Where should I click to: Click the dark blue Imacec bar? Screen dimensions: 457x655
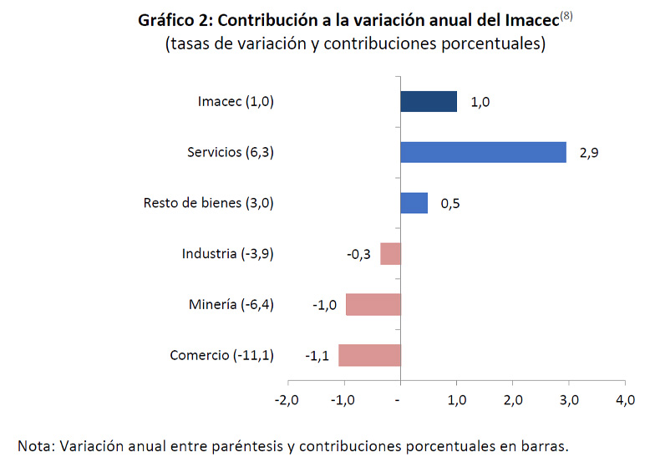[429, 102]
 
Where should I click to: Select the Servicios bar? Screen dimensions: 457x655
[483, 152]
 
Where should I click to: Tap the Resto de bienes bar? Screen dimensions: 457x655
[414, 203]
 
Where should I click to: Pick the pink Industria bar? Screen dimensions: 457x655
[390, 253]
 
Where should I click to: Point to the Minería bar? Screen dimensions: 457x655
[373, 304]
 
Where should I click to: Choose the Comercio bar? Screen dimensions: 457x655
[369, 355]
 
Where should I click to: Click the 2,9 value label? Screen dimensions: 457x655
[588, 153]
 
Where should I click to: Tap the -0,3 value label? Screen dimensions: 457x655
[359, 254]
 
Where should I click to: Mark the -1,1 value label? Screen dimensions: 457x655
[318, 355]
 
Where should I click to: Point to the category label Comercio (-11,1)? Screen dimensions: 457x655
[221, 355]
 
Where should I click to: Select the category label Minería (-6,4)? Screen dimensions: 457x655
[231, 305]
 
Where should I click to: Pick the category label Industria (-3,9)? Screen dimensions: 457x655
[227, 254]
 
